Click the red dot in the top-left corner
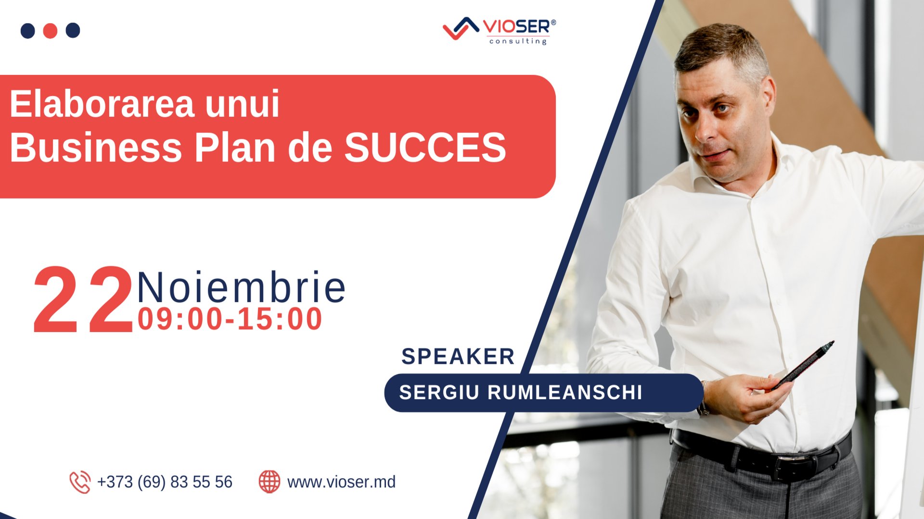click(50, 30)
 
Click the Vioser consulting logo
click(499, 31)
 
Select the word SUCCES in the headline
click(425, 148)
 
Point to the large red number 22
click(83, 300)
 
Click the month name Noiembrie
click(241, 288)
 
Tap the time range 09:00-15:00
click(230, 319)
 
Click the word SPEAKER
click(458, 357)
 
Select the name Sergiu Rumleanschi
click(521, 393)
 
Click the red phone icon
click(80, 482)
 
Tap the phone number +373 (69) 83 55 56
click(165, 482)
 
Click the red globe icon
click(269, 482)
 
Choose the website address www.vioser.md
click(341, 482)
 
